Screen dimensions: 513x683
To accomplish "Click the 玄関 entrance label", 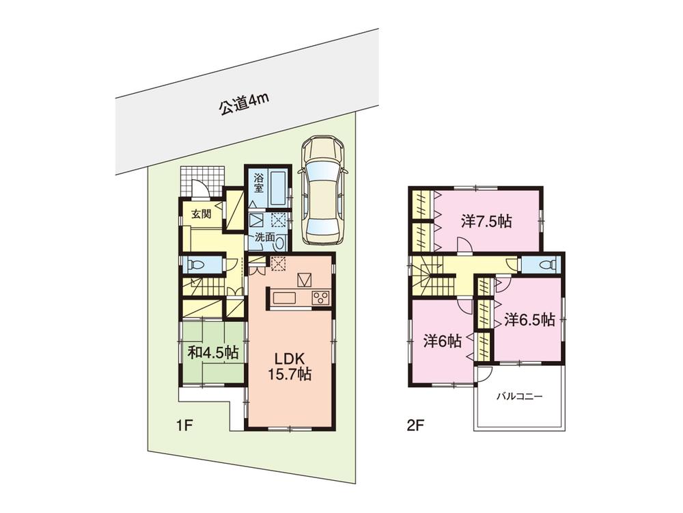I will click(201, 214).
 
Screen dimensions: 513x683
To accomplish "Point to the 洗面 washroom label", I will click(265, 238).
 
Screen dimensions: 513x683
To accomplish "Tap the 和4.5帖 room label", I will click(212, 352).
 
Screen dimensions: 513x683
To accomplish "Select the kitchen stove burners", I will click(320, 298).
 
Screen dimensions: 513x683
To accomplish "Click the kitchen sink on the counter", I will click(284, 298).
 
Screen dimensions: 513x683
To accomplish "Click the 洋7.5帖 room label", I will click(486, 222).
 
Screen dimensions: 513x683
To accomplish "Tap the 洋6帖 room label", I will click(442, 341).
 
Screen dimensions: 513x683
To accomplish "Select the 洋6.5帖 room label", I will click(529, 319).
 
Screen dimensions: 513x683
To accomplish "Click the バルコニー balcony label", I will click(519, 396).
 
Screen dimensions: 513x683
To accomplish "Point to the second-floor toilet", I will click(546, 264).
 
